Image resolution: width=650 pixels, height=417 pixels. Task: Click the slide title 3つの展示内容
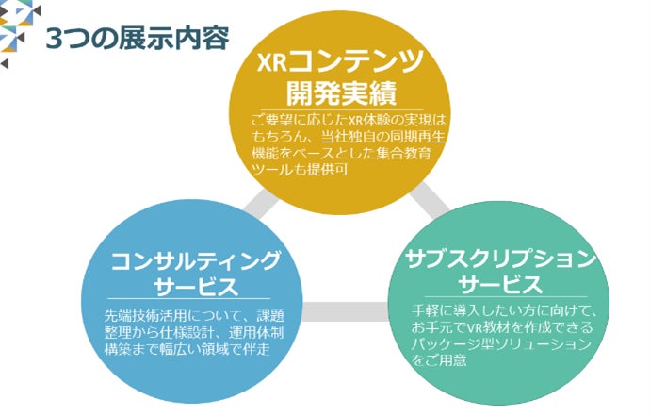point(137,38)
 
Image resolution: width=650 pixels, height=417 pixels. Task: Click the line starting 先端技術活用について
point(195,315)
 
